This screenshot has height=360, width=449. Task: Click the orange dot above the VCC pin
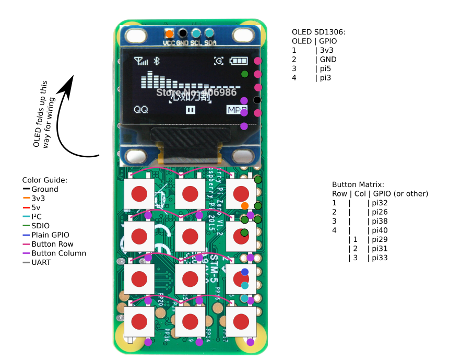(169, 32)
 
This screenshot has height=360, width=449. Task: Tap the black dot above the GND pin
(182, 32)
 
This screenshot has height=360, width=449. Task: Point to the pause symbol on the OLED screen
(191, 110)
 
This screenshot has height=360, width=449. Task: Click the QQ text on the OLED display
(141, 110)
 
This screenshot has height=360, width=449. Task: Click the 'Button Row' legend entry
(52, 244)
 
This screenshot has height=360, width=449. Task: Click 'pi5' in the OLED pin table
(326, 68)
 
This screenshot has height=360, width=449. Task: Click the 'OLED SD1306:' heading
(318, 32)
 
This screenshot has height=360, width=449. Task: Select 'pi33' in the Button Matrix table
(380, 258)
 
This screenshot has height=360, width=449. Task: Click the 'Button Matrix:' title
(358, 184)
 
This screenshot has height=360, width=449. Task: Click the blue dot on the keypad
(244, 272)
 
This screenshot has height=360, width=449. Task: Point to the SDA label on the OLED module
(210, 43)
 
